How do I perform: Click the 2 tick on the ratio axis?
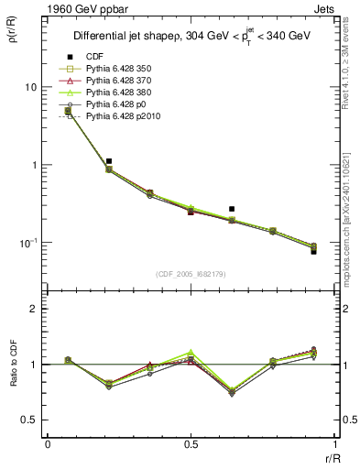[34, 310]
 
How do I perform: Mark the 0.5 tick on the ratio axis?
[30, 420]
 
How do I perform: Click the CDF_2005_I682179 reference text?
[191, 274]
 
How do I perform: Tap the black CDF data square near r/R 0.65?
[232, 209]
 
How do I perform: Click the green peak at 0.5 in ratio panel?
[191, 352]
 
